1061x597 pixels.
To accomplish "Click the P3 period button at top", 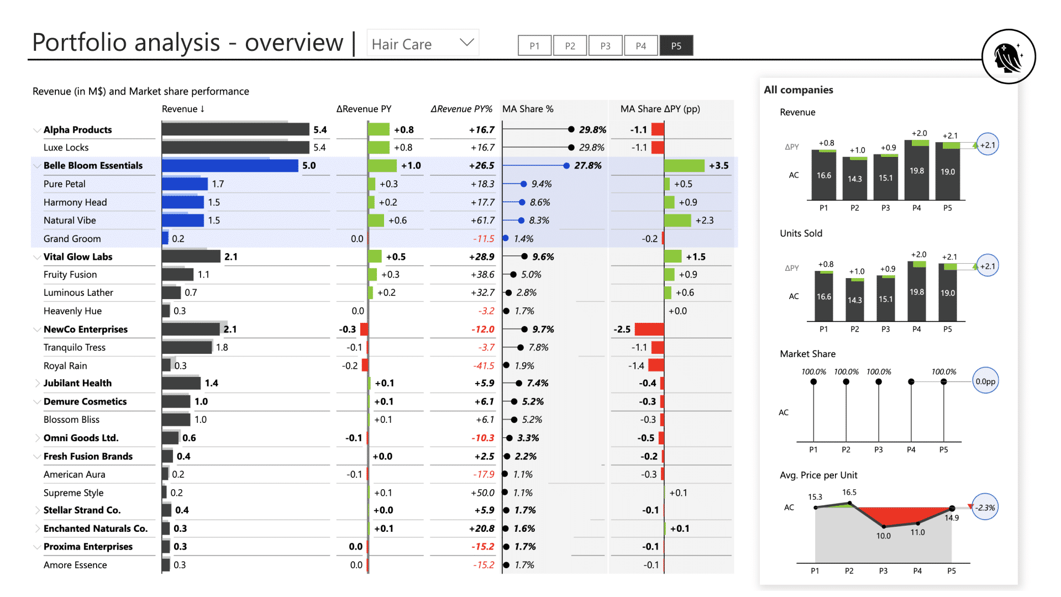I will tap(605, 45).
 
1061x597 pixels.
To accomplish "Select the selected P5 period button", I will tap(676, 45).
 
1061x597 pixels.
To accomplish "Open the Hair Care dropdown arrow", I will tap(467, 43).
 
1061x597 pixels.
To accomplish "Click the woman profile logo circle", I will tap(1009, 56).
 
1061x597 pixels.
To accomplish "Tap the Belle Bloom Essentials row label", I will tap(93, 165).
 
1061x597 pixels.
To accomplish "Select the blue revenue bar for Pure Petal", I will tap(185, 184).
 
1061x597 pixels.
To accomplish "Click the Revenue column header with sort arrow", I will tap(183, 109).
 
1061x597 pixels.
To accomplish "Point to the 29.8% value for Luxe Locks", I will tap(591, 148).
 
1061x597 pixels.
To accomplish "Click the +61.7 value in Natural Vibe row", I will tap(482, 220).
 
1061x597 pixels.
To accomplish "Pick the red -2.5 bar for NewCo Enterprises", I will tap(649, 329).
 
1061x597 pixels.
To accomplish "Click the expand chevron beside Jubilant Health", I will tap(37, 383).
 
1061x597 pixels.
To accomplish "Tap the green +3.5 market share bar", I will tap(684, 165).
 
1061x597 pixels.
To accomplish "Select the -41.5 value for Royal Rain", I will tap(484, 365).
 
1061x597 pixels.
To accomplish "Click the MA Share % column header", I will tap(527, 109).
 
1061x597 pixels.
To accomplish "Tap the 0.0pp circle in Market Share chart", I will tap(985, 381).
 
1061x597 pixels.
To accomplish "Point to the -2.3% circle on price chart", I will tap(985, 507).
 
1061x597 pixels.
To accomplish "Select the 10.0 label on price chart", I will tap(883, 536).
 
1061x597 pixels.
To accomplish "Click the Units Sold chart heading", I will tap(801, 233).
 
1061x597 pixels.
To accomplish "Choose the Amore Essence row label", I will tap(75, 565).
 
